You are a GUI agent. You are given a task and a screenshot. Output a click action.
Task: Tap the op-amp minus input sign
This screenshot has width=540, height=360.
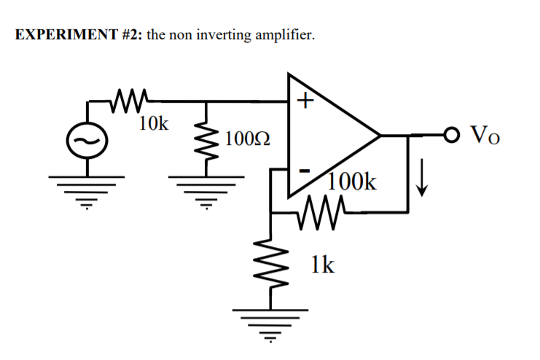tap(306, 170)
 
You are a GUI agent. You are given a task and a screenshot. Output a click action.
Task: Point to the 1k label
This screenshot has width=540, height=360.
tap(322, 264)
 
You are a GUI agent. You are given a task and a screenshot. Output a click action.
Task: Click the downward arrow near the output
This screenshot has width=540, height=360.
tap(420, 179)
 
